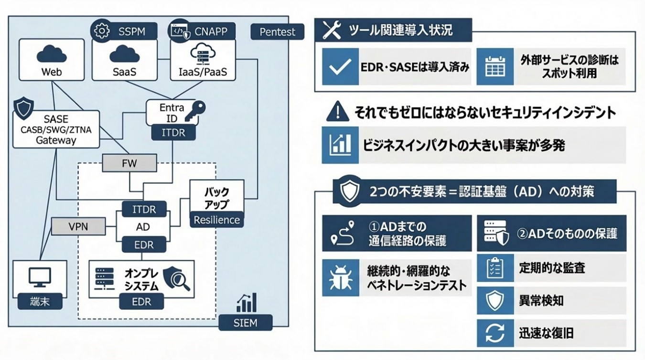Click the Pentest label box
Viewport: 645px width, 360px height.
point(277,32)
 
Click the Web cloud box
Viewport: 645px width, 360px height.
point(52,60)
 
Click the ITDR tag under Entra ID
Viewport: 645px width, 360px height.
point(173,132)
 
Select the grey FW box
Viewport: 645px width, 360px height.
point(129,163)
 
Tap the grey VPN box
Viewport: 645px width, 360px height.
point(78,226)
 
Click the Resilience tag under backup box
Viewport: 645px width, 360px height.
point(216,220)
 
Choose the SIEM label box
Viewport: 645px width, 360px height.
point(245,323)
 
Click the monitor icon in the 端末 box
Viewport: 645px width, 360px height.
point(40,276)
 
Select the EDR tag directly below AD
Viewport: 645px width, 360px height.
point(143,244)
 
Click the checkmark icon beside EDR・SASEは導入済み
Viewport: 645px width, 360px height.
point(340,67)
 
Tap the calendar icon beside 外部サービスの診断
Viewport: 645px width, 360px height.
point(495,67)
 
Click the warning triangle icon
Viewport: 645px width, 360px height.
point(337,112)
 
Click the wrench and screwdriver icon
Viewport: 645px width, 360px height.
point(332,31)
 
